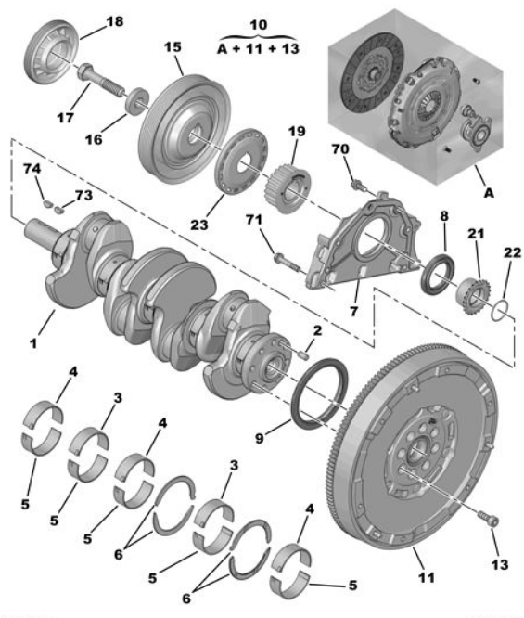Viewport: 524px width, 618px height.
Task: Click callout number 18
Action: (115, 21)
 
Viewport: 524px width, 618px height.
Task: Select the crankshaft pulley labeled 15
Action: (185, 129)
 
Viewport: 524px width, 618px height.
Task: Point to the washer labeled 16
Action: (137, 102)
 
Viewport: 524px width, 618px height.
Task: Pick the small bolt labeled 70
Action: (359, 185)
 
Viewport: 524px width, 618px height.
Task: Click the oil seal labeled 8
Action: (438, 275)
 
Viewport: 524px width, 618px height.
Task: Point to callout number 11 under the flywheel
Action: (427, 578)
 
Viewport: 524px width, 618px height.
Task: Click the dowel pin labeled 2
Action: (303, 355)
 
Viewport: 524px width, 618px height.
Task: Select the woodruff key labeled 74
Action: (47, 203)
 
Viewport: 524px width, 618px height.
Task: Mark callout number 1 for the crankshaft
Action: (33, 343)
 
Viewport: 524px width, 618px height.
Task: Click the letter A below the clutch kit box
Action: (489, 193)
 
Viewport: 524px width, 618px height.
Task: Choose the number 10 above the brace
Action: (259, 24)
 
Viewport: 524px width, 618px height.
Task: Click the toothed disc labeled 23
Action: (241, 161)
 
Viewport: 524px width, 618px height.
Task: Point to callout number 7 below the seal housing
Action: (353, 312)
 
